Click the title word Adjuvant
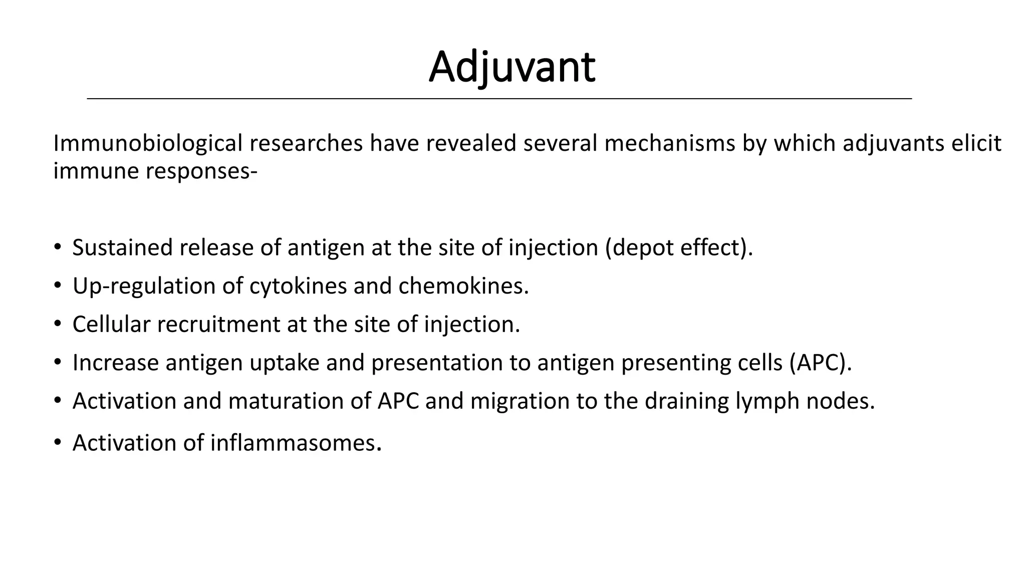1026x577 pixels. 512,68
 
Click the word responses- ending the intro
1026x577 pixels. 201,172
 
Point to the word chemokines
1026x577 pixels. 463,286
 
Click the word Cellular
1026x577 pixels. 111,325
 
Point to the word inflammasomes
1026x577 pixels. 295,443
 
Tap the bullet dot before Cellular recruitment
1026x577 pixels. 58,324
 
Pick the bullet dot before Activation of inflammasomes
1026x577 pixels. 58,442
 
